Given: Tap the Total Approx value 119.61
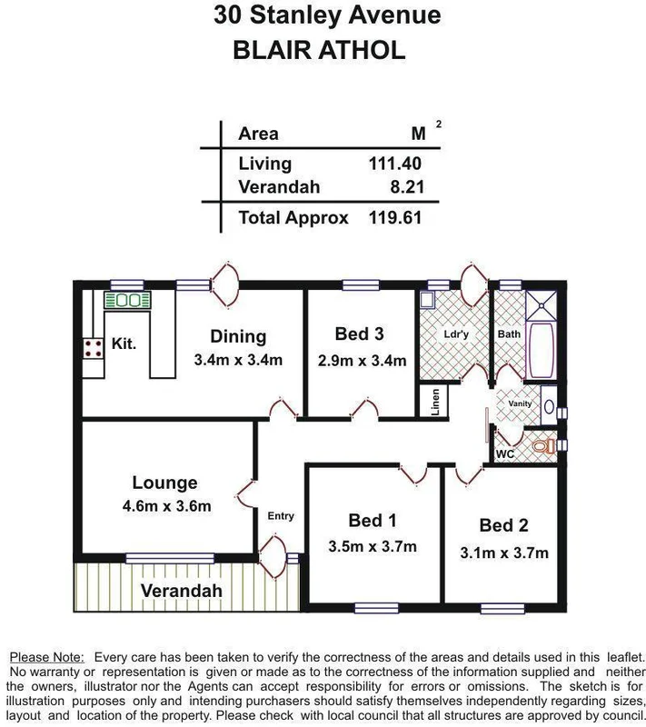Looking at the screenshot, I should pos(395,218).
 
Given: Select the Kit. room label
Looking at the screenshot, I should pos(124,344).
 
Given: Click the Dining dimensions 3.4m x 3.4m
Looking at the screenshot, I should pos(238,360).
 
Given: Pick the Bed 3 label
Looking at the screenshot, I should pos(359,334).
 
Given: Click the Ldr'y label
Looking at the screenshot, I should pos(455,334).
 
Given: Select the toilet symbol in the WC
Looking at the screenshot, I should pos(542,446).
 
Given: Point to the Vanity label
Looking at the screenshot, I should pos(520,403).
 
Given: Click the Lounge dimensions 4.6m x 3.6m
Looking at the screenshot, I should pos(164,506).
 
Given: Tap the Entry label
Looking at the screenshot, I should pos(281,516).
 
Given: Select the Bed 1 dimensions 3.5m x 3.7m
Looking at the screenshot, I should pos(373,546).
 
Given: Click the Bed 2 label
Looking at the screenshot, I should pos(503,525).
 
